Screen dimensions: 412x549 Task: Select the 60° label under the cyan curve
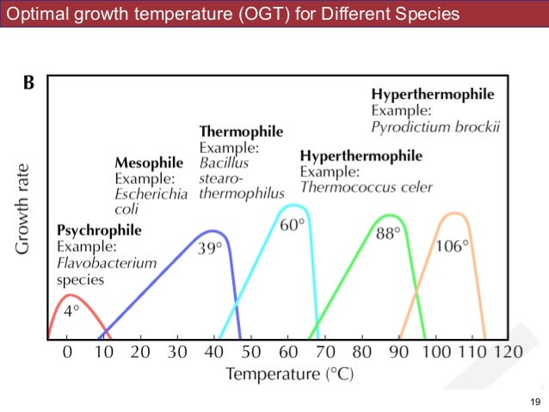[x=293, y=225]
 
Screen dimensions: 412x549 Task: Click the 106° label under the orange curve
[x=452, y=245]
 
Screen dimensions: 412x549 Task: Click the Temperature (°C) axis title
[x=289, y=375]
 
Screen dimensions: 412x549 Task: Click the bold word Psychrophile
[x=99, y=231]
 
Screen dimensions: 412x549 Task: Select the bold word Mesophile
[x=149, y=163]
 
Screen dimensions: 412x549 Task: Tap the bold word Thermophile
[x=241, y=132]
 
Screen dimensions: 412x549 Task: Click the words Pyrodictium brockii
[x=435, y=126]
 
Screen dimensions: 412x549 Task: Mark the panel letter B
[x=28, y=84]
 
